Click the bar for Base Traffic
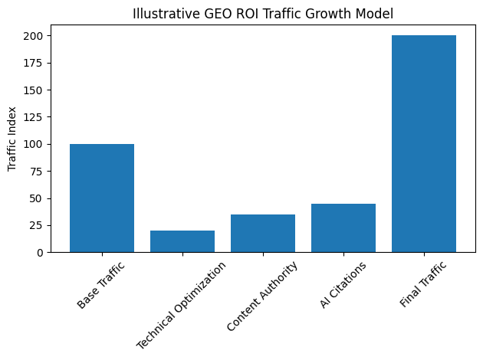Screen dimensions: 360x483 (x=102, y=198)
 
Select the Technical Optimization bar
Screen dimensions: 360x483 (x=182, y=241)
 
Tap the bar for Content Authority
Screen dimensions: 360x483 (x=263, y=234)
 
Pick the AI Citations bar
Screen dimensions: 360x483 (x=343, y=228)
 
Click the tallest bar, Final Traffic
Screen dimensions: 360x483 (x=424, y=144)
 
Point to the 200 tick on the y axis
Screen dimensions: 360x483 (x=38, y=36)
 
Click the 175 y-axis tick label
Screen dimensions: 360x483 (x=38, y=63)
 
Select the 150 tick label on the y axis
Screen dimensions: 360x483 (x=38, y=90)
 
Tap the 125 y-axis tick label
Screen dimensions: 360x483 (x=38, y=117)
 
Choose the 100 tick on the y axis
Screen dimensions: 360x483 (x=38, y=144)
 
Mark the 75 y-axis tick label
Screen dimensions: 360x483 (x=40, y=171)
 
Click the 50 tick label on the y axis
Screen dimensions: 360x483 (x=40, y=198)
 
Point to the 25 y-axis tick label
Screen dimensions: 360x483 (x=40, y=225)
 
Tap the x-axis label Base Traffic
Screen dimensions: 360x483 (x=101, y=286)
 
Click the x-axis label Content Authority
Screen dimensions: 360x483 (x=262, y=297)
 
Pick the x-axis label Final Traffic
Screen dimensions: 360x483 (x=424, y=285)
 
